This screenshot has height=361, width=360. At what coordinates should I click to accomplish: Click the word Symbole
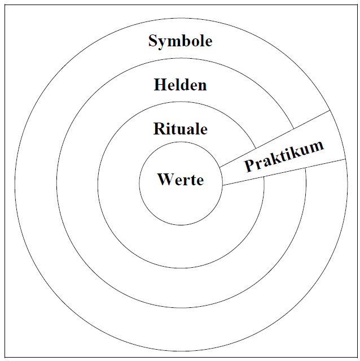pos(180,41)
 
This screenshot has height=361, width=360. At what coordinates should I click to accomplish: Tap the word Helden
pos(180,85)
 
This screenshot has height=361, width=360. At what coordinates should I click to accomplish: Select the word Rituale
pos(180,129)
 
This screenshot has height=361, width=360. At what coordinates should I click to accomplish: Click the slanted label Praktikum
pos(284,155)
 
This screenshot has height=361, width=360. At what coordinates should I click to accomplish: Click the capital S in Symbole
pos(153,41)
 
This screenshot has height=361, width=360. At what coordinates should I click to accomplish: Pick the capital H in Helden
pos(159,85)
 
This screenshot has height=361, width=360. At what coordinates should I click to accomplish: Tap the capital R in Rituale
pos(159,129)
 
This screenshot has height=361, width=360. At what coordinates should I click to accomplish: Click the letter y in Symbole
pos(161,43)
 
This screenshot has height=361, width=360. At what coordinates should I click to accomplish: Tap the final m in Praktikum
pos(318,145)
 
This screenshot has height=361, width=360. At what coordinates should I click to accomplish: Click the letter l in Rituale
pos(196,129)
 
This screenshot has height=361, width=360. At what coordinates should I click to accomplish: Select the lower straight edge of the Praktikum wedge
pos(282,172)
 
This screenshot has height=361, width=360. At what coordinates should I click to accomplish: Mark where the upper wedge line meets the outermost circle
pos(329,110)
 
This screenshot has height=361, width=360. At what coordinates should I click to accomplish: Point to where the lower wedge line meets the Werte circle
pos(222,185)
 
